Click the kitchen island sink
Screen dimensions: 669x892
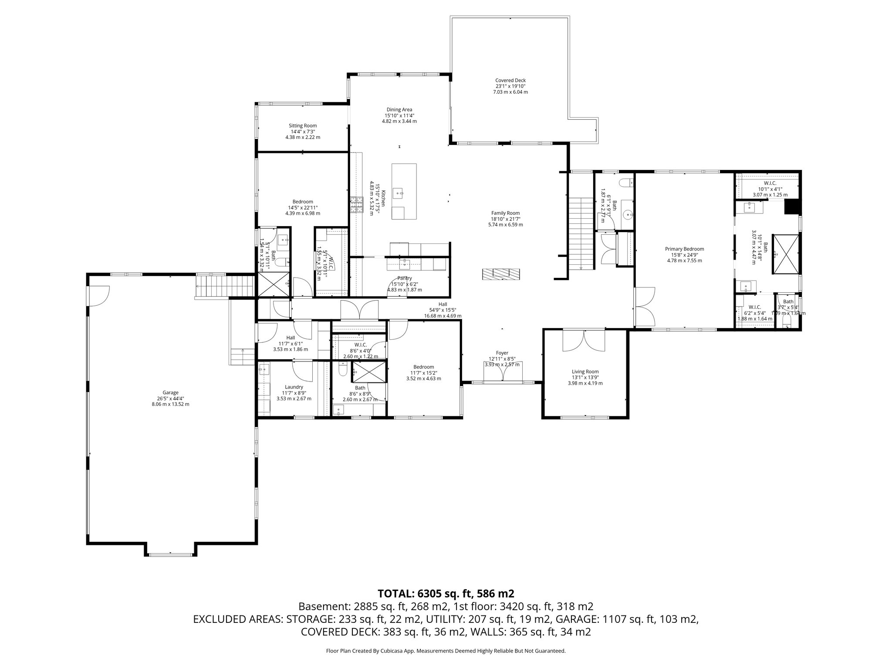click(399, 192)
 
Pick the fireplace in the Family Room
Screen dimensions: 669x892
click(501, 274)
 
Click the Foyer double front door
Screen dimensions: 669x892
click(503, 372)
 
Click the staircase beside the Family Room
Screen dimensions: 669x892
click(581, 233)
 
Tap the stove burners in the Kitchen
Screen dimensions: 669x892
click(356, 205)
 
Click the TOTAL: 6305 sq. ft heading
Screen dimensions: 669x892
click(446, 593)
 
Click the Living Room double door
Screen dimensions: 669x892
click(584, 341)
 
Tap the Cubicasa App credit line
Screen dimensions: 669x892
click(446, 651)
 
